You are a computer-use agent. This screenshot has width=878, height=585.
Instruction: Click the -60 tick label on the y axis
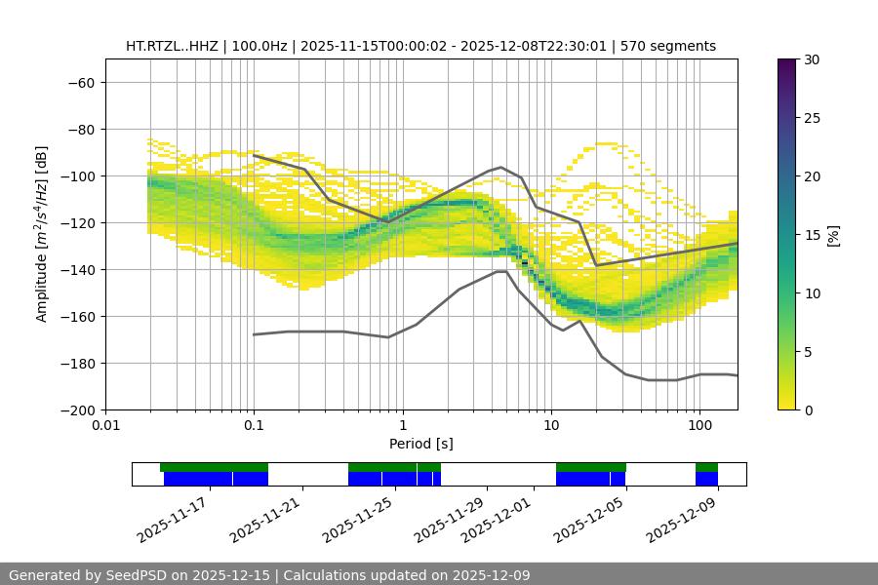point(80,83)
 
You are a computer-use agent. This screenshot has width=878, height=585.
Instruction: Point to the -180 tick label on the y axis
point(76,364)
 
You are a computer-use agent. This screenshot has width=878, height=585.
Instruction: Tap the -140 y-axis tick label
point(76,270)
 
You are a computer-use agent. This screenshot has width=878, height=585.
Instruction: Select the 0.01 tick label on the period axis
point(105,426)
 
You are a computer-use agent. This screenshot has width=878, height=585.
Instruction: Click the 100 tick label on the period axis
point(698,426)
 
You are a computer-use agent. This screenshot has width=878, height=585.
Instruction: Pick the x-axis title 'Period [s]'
point(420,444)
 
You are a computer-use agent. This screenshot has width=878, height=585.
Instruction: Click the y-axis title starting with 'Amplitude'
point(41,234)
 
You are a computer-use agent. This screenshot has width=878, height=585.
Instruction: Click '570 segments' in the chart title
point(673,46)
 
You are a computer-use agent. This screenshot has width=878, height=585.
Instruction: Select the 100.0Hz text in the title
point(260,46)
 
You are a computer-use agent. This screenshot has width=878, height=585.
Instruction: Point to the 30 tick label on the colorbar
point(811,60)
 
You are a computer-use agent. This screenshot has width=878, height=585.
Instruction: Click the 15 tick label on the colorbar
point(811,235)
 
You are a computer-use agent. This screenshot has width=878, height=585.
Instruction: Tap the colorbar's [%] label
point(834,235)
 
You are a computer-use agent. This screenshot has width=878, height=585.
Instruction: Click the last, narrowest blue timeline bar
point(706,479)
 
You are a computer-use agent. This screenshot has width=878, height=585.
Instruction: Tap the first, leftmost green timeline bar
point(214,467)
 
